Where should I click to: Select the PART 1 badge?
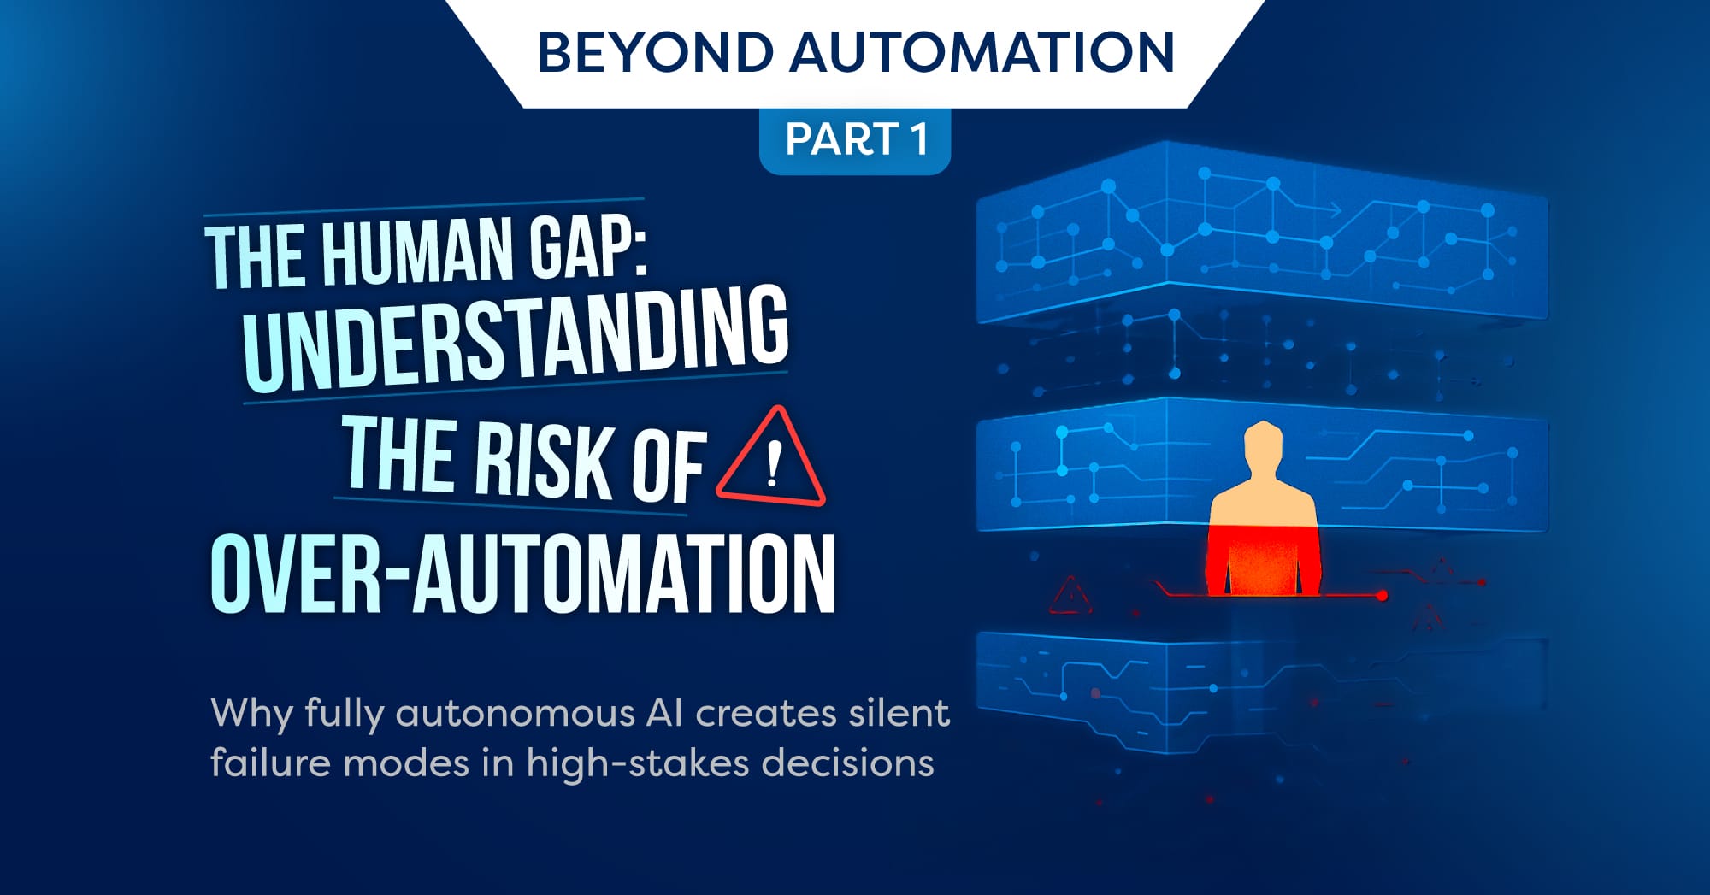[x=855, y=139]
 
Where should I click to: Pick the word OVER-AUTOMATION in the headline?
[x=522, y=574]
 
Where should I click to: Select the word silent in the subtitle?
[x=899, y=714]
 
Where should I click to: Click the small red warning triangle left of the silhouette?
[x=1070, y=596]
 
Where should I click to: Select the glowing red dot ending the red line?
[x=1382, y=595]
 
